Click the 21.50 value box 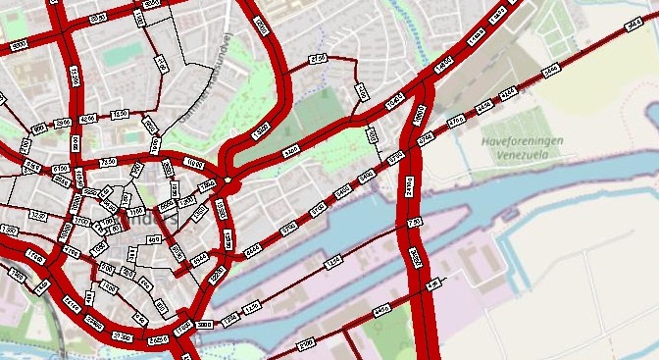[317, 60]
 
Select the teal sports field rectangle [124, 56]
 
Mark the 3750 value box [396, 157]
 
